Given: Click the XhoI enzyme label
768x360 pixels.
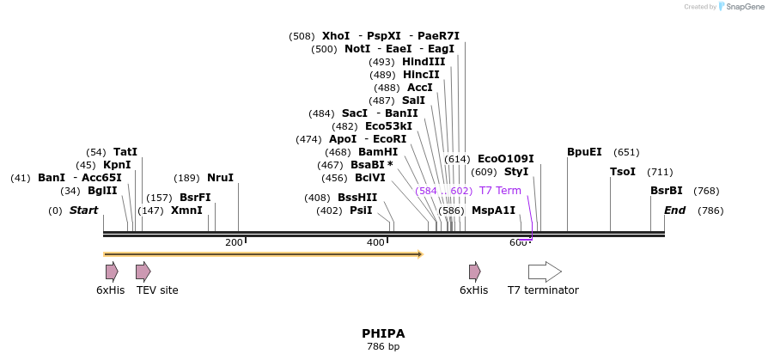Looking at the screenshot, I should click(x=336, y=36).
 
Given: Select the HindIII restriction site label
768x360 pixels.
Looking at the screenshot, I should click(x=424, y=62).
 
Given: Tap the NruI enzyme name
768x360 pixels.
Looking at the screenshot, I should click(x=220, y=178).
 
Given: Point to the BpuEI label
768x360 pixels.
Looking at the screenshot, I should click(x=584, y=152).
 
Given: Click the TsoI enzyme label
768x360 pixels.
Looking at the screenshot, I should click(x=623, y=172).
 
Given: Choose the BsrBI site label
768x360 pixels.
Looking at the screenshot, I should click(x=667, y=191).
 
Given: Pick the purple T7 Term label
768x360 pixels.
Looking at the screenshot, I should click(x=500, y=191).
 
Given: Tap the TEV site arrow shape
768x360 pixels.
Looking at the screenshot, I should click(x=143, y=272).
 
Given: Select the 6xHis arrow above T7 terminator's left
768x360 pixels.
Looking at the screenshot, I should click(x=474, y=272).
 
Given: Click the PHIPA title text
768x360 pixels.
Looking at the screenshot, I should click(x=383, y=333).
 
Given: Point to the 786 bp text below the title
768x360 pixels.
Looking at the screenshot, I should click(x=383, y=347).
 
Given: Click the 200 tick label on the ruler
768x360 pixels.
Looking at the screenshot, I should click(x=234, y=243).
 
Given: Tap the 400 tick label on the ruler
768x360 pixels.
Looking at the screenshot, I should click(x=375, y=243).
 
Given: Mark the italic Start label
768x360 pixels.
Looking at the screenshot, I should click(x=83, y=211).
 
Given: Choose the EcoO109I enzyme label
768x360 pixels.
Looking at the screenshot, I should click(x=505, y=159).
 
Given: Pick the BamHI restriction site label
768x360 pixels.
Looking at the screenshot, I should click(x=378, y=152).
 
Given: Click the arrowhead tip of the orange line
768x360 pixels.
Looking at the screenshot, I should click(x=421, y=254).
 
